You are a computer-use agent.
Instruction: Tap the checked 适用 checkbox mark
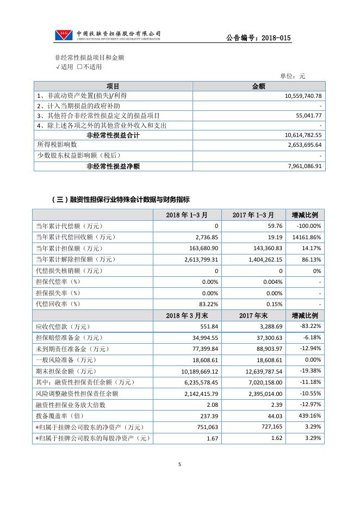[57, 67]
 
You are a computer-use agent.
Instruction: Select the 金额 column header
[258, 86]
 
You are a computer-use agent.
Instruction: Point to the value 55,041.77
[309, 116]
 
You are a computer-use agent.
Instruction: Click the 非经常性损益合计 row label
[113, 135]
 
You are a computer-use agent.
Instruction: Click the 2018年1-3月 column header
[187, 215]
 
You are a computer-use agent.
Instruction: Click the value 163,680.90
[201, 248]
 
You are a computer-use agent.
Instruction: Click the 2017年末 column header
[254, 315]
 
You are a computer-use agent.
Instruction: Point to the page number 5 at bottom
[179, 464]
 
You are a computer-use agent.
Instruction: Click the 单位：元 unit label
[293, 76]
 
